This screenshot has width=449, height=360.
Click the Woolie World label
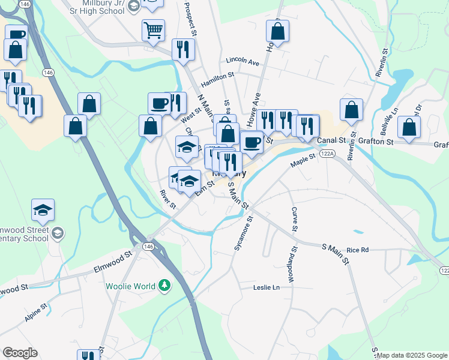click(x=130, y=286)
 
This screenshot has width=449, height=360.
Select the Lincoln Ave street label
click(x=243, y=61)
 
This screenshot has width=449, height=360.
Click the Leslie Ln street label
click(x=267, y=288)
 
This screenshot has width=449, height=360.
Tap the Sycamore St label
click(x=243, y=233)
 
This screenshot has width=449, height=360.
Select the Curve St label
click(x=294, y=220)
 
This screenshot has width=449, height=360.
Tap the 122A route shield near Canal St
click(x=327, y=154)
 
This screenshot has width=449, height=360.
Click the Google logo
click(x=20, y=353)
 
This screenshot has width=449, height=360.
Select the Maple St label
click(x=303, y=161)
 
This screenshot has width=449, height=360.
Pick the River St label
click(x=167, y=199)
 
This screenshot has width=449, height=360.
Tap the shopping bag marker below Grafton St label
click(x=409, y=127)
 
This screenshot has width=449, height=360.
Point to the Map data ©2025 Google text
click(x=412, y=355)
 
